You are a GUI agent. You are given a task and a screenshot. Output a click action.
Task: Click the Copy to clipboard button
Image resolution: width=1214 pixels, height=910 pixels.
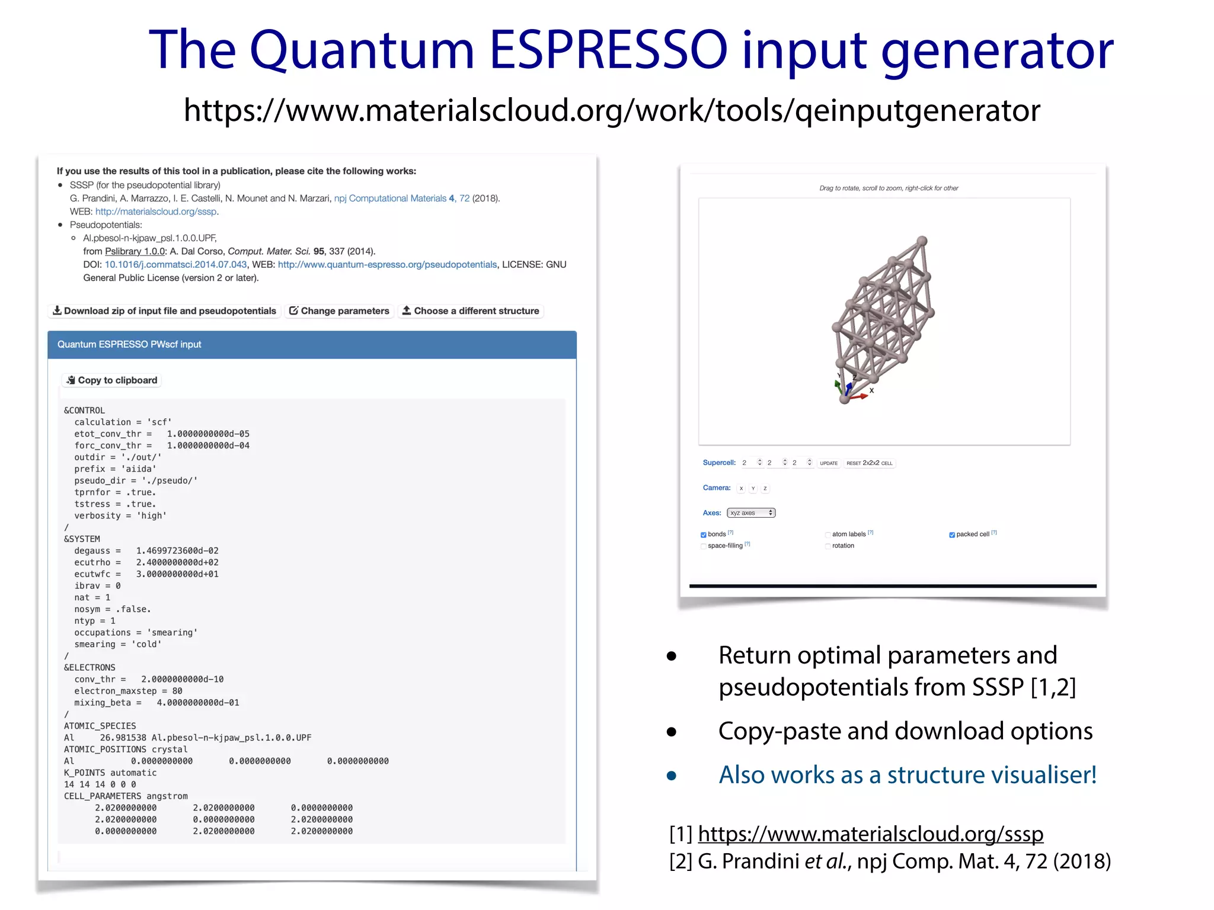click(x=111, y=380)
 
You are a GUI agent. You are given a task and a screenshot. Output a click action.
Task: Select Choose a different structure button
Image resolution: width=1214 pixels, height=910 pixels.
click(x=470, y=311)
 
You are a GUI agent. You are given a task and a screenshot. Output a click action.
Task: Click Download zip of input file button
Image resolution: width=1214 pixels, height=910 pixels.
click(x=164, y=311)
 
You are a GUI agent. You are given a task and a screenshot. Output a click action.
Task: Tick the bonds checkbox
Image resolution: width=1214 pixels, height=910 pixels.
click(x=704, y=535)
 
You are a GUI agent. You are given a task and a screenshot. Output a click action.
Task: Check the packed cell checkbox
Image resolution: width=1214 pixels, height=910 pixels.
click(x=952, y=535)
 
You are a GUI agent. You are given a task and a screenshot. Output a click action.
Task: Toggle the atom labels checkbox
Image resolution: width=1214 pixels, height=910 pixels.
click(x=828, y=535)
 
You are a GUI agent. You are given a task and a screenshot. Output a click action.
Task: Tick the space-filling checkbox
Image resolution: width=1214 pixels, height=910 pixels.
click(x=704, y=546)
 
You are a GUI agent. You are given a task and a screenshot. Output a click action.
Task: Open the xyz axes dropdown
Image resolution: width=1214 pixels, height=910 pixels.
click(x=751, y=513)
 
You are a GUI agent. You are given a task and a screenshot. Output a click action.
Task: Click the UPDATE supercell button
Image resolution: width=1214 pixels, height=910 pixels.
click(x=829, y=463)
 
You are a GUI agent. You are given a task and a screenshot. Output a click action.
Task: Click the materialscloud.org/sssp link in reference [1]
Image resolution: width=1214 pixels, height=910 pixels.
click(x=870, y=834)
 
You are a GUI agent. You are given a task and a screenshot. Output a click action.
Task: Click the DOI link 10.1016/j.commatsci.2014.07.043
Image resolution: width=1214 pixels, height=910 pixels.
click(x=175, y=265)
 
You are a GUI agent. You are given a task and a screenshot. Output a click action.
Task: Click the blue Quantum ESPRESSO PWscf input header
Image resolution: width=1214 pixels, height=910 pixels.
click(x=312, y=345)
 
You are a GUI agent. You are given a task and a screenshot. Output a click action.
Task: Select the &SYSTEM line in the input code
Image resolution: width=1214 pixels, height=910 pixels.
click(x=82, y=539)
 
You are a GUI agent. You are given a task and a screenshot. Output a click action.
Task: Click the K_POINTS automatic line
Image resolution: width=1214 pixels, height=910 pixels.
click(x=110, y=773)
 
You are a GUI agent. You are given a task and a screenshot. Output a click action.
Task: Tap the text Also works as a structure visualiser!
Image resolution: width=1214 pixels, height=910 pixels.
click(x=908, y=775)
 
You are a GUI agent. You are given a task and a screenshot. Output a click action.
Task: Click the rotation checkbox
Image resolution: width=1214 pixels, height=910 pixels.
click(x=828, y=546)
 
